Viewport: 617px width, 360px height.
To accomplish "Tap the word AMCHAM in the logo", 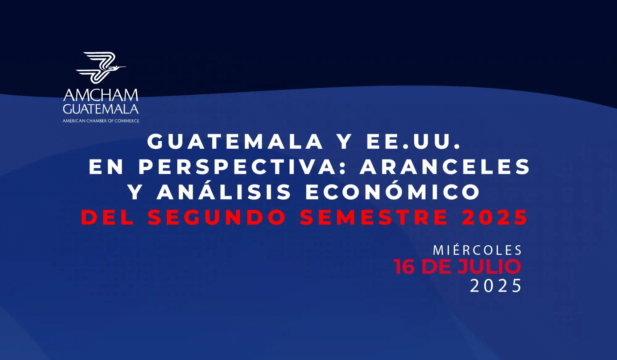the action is click(101, 95).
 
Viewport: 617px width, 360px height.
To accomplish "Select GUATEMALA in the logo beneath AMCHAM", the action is click(101, 109).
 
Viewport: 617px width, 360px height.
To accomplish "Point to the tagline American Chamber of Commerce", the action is click(101, 121).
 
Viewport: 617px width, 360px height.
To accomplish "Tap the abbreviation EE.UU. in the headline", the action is click(413, 142).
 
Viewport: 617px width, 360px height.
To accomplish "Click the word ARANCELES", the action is click(445, 167).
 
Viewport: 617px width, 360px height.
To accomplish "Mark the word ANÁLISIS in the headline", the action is click(224, 192).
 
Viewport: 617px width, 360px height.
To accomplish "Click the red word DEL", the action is click(108, 217).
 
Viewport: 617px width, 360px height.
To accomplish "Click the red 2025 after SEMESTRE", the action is click(495, 217).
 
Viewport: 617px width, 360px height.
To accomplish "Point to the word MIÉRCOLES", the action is click(478, 250).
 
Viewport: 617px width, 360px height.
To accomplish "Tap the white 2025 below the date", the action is click(495, 286).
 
